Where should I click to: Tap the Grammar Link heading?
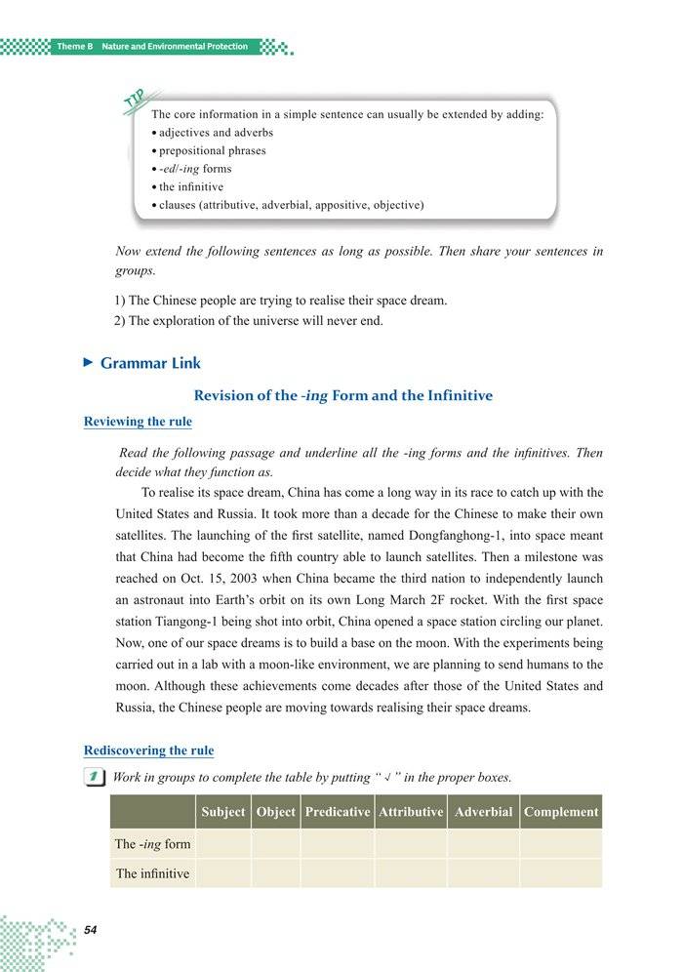pos(150,363)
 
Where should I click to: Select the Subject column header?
pos(222,812)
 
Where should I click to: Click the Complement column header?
pos(560,812)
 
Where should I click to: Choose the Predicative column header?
pos(337,812)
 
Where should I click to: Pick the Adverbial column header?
pos(483,812)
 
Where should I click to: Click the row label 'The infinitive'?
pos(152,873)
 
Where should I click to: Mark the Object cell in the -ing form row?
pos(275,844)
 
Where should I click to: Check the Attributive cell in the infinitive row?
pos(411,873)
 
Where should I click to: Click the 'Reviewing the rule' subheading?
pos(138,422)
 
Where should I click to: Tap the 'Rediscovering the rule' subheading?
pos(148,750)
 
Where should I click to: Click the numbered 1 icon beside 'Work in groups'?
pos(94,778)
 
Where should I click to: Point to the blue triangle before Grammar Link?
pos(88,363)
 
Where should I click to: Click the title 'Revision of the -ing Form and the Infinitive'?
pos(343,395)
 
